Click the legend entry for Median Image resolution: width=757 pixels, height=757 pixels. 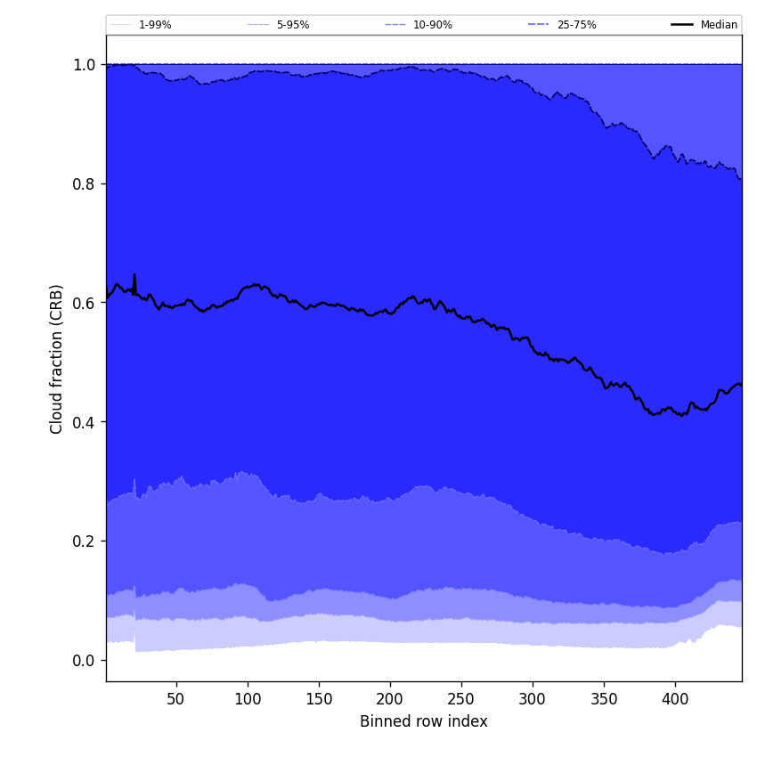[x=718, y=25]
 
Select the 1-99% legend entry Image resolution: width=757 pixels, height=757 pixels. [x=155, y=25]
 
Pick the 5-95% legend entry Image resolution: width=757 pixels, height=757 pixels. [x=292, y=25]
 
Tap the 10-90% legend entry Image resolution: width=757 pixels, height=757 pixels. [x=432, y=25]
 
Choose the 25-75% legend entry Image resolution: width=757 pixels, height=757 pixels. [x=576, y=25]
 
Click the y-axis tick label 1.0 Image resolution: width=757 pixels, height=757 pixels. [x=84, y=65]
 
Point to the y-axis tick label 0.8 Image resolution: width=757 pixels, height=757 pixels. [x=84, y=184]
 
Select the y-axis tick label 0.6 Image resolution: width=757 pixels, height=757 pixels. [x=84, y=303]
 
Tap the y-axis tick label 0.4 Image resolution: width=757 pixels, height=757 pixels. [x=84, y=422]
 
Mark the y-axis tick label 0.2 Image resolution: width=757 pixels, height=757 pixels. [x=84, y=541]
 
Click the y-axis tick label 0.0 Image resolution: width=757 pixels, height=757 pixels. [x=84, y=661]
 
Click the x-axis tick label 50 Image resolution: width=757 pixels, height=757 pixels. [x=176, y=699]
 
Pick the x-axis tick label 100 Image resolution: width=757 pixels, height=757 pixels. [x=248, y=699]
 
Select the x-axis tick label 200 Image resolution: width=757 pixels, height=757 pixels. [x=390, y=699]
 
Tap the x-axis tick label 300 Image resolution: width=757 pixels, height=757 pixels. [x=533, y=699]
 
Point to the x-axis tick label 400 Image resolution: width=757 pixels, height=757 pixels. [x=675, y=699]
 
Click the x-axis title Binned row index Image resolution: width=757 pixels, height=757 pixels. [x=424, y=721]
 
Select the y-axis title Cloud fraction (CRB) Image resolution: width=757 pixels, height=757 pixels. [x=57, y=359]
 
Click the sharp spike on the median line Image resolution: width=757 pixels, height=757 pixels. [x=134, y=275]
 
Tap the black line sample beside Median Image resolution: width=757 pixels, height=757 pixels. [x=682, y=25]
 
